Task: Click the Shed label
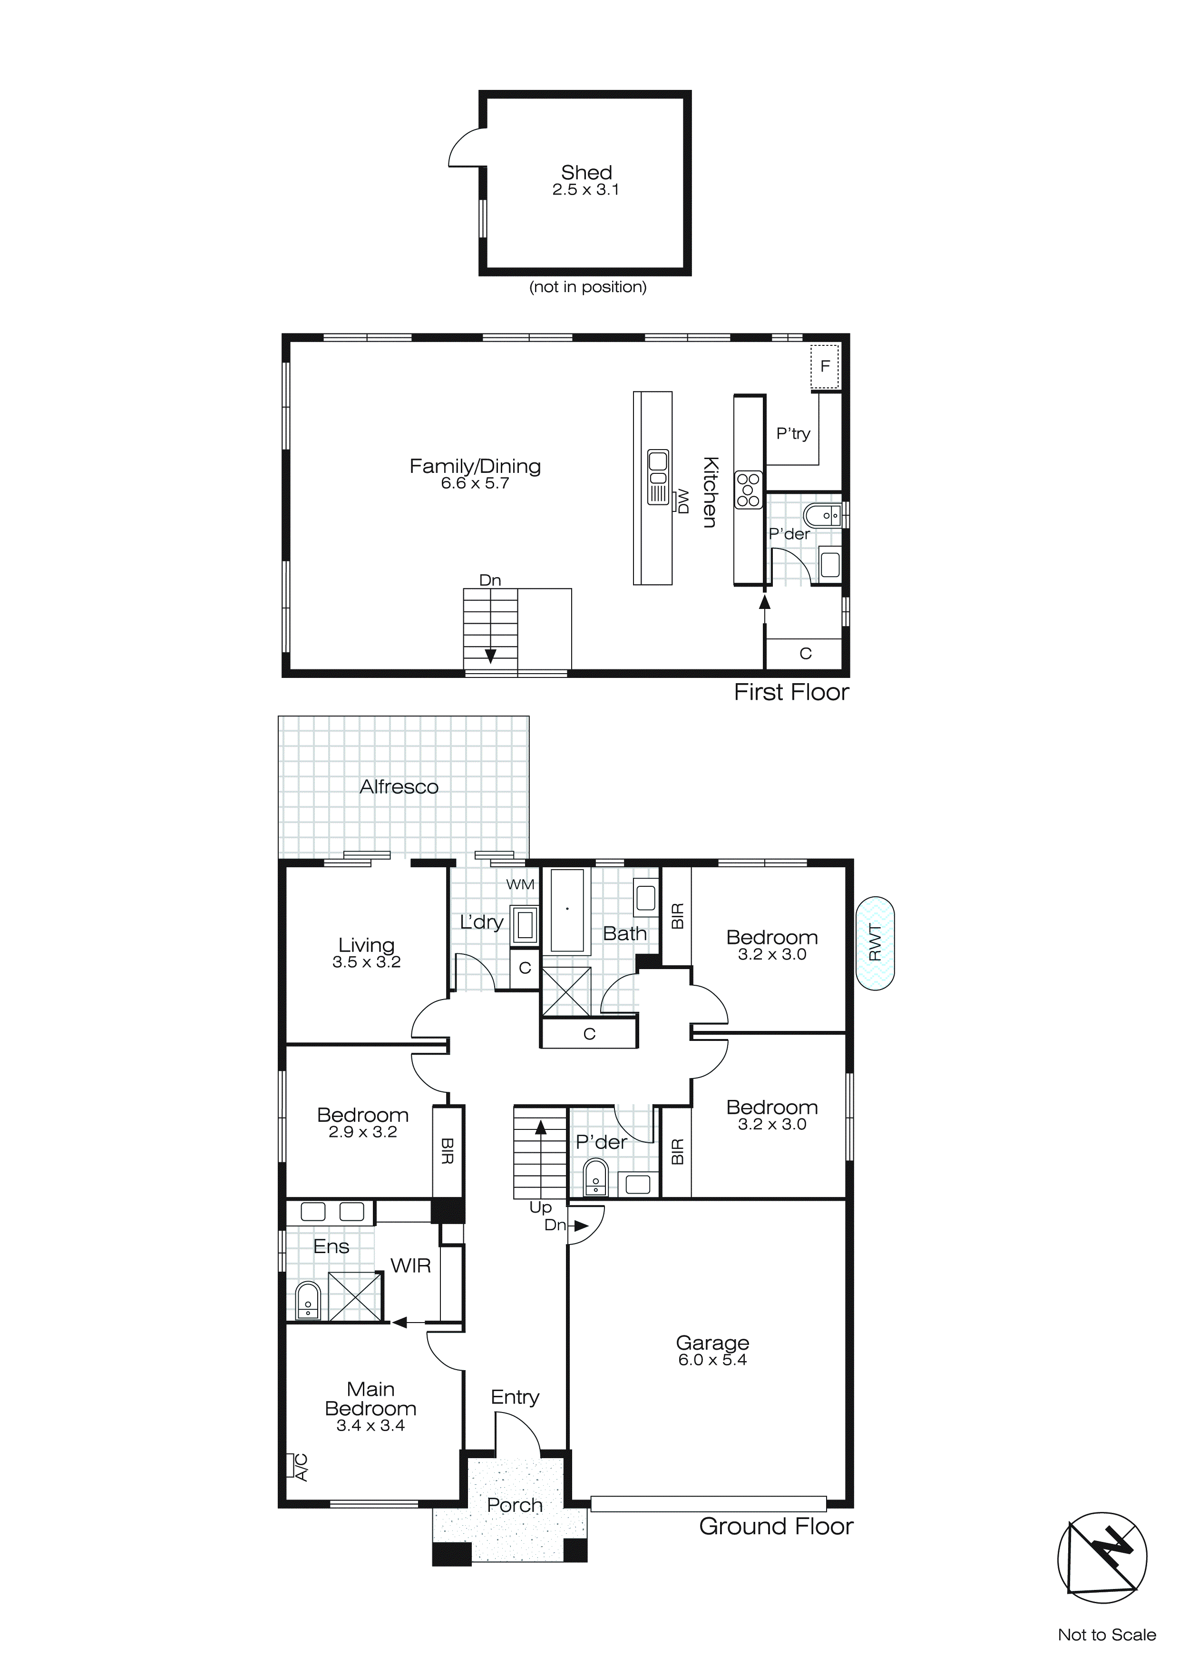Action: pyautogui.click(x=586, y=173)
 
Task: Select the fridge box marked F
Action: pyautogui.click(x=825, y=367)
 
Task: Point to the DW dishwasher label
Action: pyautogui.click(x=682, y=501)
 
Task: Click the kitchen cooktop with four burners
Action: pyautogui.click(x=749, y=490)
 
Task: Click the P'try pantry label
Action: pyautogui.click(x=793, y=433)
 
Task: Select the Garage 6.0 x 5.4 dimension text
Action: pyautogui.click(x=712, y=1360)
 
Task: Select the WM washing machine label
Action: pyautogui.click(x=520, y=884)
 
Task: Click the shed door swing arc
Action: pyautogui.click(x=465, y=148)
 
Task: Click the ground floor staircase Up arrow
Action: pyautogui.click(x=540, y=1128)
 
